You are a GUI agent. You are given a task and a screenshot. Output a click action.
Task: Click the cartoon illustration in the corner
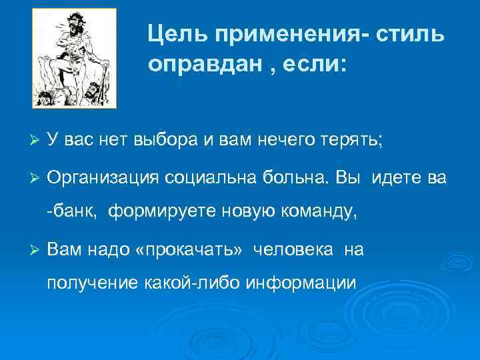[x=75, y=58]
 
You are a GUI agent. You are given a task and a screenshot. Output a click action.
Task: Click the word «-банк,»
[x=72, y=213]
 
